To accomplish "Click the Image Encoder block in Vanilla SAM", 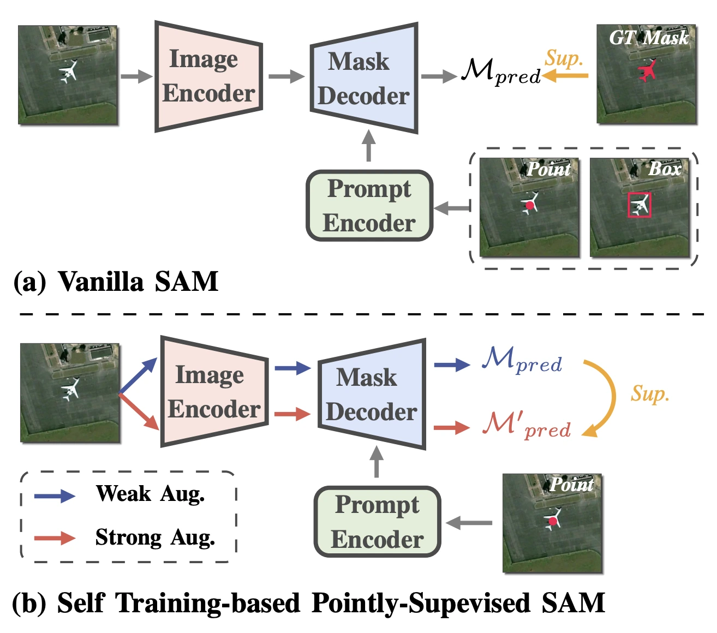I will point(208,76).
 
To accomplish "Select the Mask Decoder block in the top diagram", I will point(364,79).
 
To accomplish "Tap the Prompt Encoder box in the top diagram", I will point(369,206).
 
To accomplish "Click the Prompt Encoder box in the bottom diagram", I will point(377,522).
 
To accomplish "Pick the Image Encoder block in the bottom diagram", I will point(214,392).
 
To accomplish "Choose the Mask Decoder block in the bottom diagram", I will point(372,395).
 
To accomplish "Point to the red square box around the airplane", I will point(639,205).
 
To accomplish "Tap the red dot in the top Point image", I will point(529,205).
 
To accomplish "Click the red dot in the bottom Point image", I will point(553,521).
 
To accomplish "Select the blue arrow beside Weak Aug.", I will point(55,495).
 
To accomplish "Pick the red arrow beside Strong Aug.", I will point(55,538).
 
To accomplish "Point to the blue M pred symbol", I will point(521,360).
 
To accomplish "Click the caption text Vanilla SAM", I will point(138,282).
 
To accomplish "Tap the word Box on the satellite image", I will point(665,169).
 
